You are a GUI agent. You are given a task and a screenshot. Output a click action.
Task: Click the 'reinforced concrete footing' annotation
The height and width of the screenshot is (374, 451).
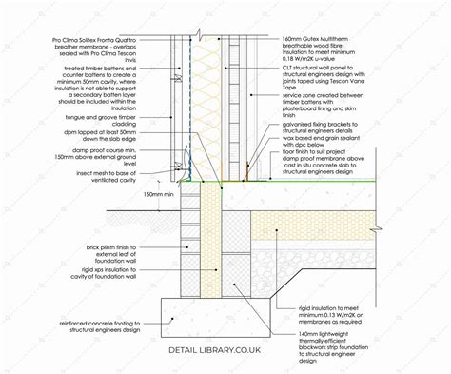pos(105,303)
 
